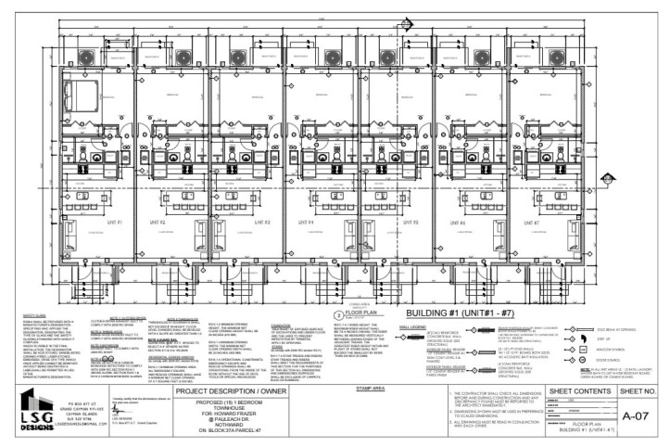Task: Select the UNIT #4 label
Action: pos(306,223)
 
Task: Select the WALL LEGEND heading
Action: pos(411,326)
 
